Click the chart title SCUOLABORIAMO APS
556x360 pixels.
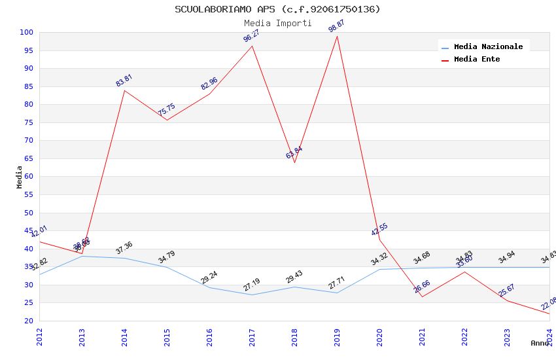[277, 9]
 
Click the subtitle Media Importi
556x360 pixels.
[277, 24]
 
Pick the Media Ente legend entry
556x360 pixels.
[477, 59]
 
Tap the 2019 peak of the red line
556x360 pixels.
[337, 36]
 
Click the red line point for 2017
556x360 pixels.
[252, 45]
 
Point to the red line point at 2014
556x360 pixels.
[124, 90]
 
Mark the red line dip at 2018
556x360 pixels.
[294, 162]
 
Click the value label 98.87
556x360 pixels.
[336, 26]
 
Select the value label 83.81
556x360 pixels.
[124, 81]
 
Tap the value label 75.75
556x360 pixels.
[167, 110]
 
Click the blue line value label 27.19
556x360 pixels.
[252, 285]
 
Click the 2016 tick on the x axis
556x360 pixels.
[209, 337]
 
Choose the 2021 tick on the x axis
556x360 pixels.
[422, 337]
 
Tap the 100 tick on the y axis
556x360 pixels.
[27, 32]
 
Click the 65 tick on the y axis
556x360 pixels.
[29, 158]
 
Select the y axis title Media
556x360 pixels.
[20, 177]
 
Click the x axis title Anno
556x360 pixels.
[540, 343]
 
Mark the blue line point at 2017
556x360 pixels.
[252, 295]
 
